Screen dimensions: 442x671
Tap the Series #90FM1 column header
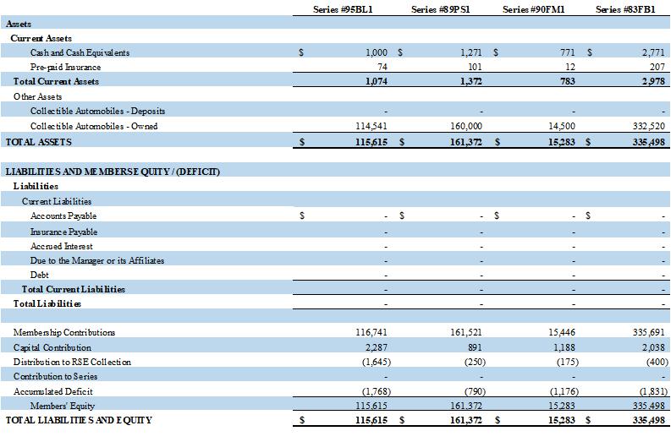coord(532,9)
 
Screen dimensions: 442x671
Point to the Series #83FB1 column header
coord(626,9)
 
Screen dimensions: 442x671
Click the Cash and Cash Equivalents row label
coord(80,52)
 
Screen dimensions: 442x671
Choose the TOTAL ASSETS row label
coord(38,142)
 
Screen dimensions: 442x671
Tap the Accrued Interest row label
coord(61,246)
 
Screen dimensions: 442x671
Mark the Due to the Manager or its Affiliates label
coord(97,260)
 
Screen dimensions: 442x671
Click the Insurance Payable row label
coord(63,232)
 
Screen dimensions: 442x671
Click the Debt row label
coord(40,275)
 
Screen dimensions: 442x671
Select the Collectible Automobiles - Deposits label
coord(97,112)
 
